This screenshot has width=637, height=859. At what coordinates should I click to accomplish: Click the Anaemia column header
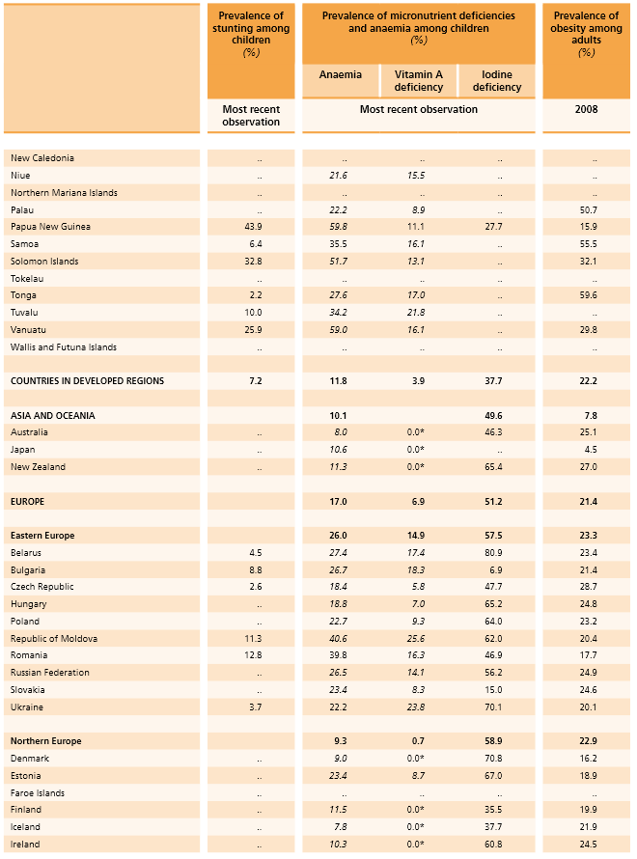click(341, 74)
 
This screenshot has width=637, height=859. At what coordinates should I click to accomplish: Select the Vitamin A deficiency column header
click(418, 81)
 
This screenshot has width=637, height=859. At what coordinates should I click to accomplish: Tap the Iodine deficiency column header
click(497, 81)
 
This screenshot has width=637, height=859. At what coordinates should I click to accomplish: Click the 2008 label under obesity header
click(586, 109)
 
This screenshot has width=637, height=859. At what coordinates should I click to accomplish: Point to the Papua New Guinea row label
click(44, 227)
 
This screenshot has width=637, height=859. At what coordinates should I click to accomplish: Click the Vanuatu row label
click(28, 330)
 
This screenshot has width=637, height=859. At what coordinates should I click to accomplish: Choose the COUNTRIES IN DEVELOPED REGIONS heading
click(87, 381)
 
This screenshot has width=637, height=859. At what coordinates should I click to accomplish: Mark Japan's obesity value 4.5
click(590, 450)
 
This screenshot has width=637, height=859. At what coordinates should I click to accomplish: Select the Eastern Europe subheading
click(42, 536)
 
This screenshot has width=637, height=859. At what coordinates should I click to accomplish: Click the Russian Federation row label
click(50, 673)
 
